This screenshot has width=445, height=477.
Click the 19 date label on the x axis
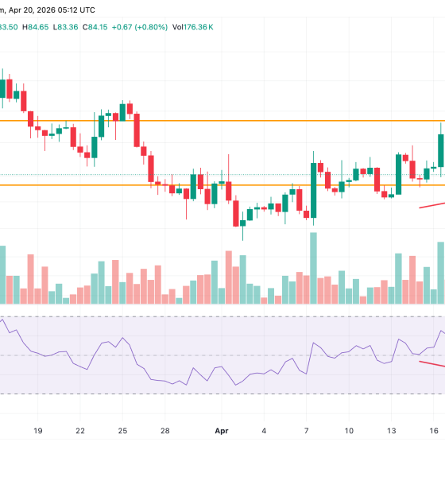38,430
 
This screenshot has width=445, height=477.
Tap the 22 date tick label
80,430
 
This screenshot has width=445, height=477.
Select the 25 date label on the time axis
122,430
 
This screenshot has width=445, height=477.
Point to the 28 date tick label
164,430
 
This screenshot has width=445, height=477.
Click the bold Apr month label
222,430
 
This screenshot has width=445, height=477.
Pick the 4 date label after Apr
264,430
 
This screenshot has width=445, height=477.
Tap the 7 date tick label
307,430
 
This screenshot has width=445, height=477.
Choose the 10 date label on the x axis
349,430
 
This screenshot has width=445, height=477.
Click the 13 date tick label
391,430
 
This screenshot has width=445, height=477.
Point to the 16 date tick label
433,430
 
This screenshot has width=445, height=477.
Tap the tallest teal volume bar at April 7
313,268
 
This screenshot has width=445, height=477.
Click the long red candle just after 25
137,130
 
